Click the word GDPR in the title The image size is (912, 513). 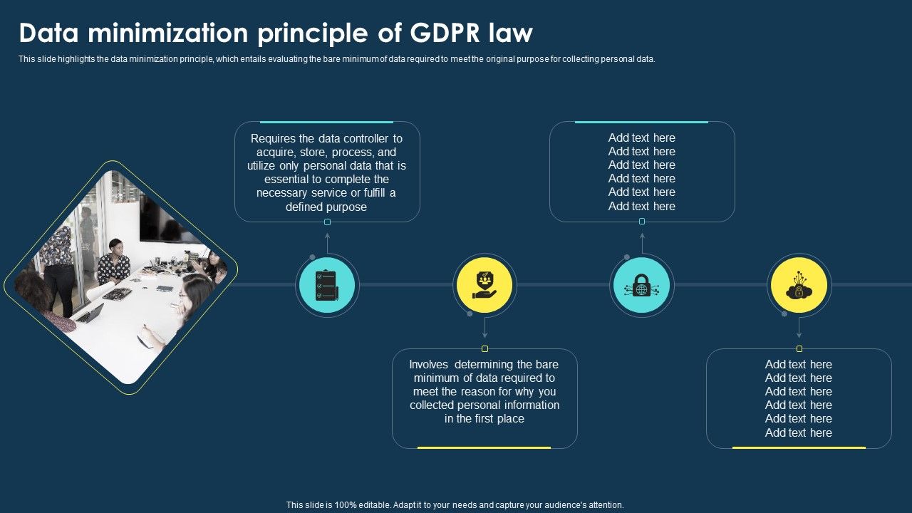[x=445, y=33]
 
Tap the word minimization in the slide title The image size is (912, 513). [x=167, y=33]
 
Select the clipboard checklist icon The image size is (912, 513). [x=326, y=285]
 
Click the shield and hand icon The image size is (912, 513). [x=484, y=285]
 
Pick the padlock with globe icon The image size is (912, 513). [x=642, y=285]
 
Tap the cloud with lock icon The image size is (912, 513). [x=799, y=285]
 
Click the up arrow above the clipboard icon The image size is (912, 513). [x=327, y=243]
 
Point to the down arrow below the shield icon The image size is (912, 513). [x=484, y=328]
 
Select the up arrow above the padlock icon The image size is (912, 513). [x=642, y=243]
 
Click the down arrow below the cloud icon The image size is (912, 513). [x=799, y=328]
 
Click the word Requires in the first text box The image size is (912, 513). [x=273, y=139]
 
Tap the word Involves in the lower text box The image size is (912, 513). [x=428, y=364]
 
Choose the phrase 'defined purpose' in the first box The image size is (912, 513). [x=326, y=207]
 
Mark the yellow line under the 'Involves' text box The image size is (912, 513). [x=484, y=448]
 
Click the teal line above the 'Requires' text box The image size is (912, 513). [x=326, y=122]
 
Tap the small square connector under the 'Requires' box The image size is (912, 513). [x=327, y=222]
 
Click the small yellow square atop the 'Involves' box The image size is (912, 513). [x=484, y=348]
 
